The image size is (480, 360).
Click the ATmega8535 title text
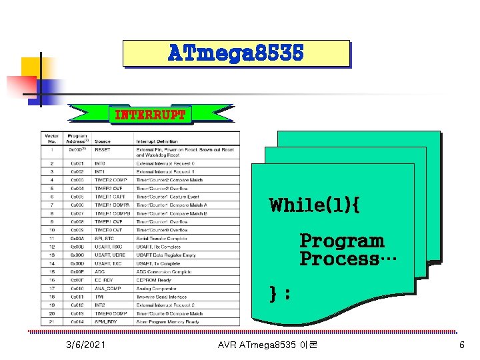coord(236,53)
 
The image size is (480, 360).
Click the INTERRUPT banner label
coord(150,115)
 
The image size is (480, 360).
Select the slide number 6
coord(461,345)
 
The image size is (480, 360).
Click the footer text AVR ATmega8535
coord(267,345)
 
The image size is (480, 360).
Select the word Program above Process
coord(342,241)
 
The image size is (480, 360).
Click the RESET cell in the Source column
coord(103,151)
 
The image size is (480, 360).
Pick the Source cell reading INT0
coord(100,163)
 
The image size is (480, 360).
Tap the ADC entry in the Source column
coord(99,272)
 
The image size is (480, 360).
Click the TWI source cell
coord(99,297)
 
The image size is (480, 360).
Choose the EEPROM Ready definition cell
coord(155,280)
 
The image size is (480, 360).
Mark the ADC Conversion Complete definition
coord(163,272)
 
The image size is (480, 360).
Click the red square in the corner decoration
coord(21,86)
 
